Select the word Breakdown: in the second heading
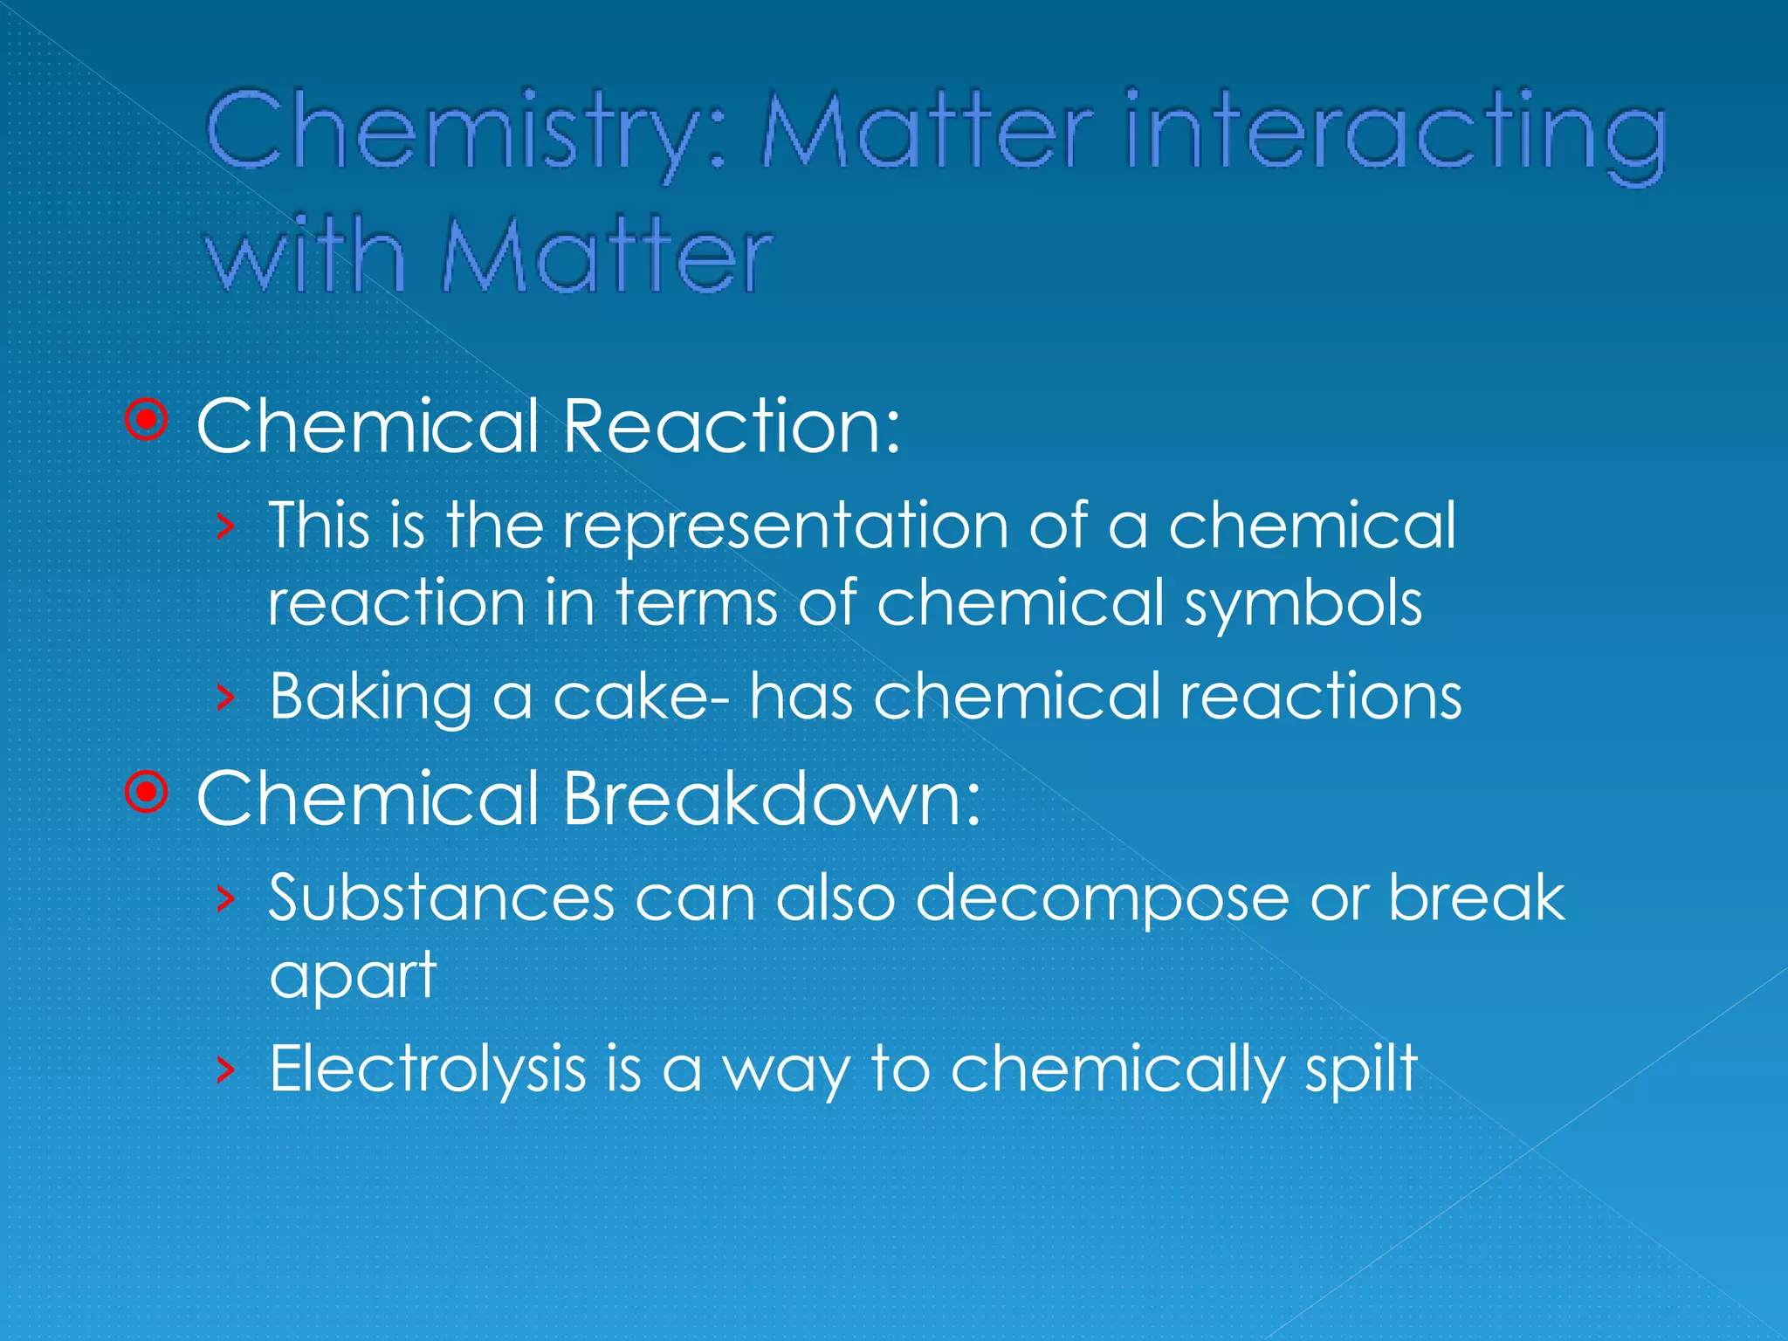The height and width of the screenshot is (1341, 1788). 773,798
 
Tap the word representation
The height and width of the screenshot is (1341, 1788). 786,526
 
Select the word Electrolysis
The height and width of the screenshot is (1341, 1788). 428,1069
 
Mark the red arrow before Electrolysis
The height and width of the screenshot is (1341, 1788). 225,1069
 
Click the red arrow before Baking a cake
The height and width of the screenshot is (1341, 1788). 225,697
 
